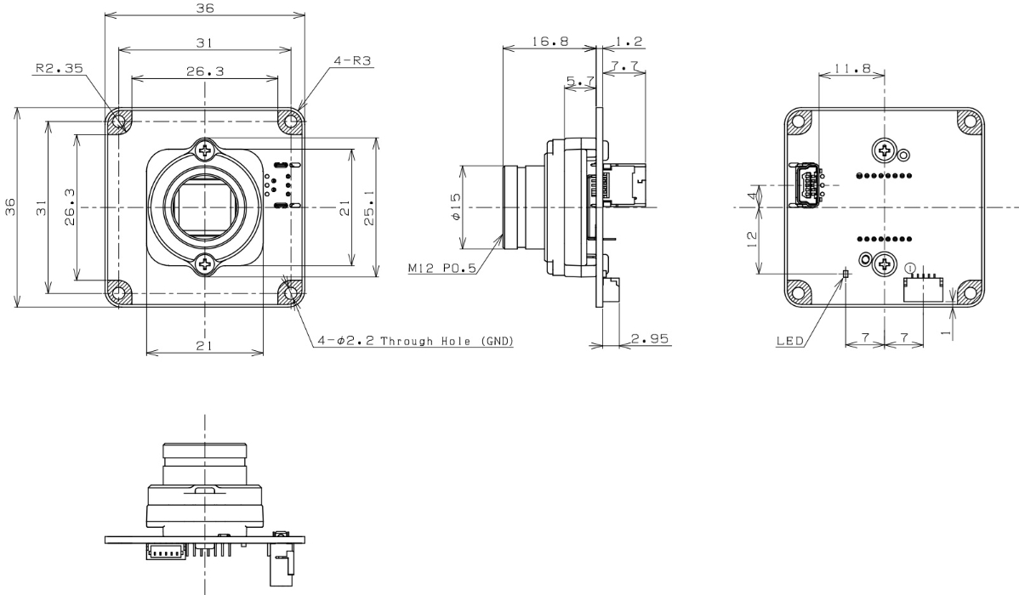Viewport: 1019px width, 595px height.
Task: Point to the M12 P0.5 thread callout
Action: pyautogui.click(x=442, y=269)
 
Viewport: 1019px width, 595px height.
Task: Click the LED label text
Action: pyautogui.click(x=790, y=343)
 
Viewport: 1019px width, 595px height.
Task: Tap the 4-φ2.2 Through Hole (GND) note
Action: pyautogui.click(x=408, y=342)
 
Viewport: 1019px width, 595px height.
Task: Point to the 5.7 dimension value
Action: pyautogui.click(x=580, y=82)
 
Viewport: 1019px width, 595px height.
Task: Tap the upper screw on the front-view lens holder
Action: pyautogui.click(x=205, y=151)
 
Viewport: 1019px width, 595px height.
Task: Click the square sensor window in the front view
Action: pyautogui.click(x=205, y=207)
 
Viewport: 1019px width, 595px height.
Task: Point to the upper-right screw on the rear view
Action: pyautogui.click(x=885, y=152)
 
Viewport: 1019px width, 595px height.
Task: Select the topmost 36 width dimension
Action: pyautogui.click(x=204, y=8)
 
